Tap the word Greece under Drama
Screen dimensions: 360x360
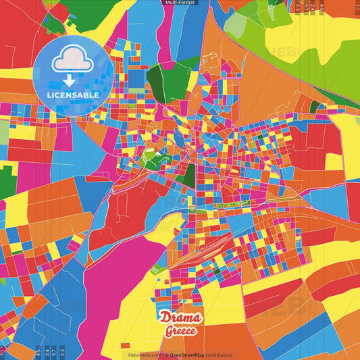[x=180, y=331]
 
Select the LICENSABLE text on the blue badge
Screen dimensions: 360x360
[x=73, y=95]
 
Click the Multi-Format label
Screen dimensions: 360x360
[x=180, y=3]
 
